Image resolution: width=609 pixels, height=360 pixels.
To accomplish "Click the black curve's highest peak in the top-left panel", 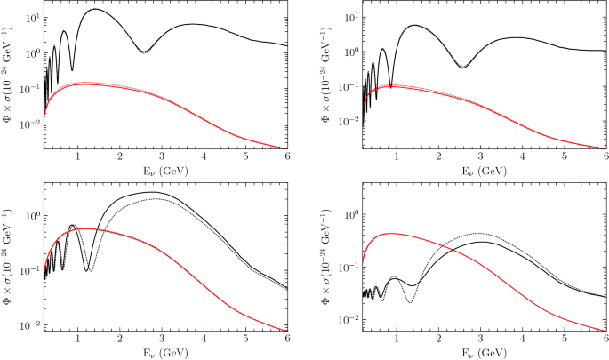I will click(x=95, y=10).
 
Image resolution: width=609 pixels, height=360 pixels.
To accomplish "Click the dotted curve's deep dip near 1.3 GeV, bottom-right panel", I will click(x=410, y=303).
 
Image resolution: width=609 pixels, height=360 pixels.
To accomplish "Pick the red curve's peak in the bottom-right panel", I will click(x=389, y=234).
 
